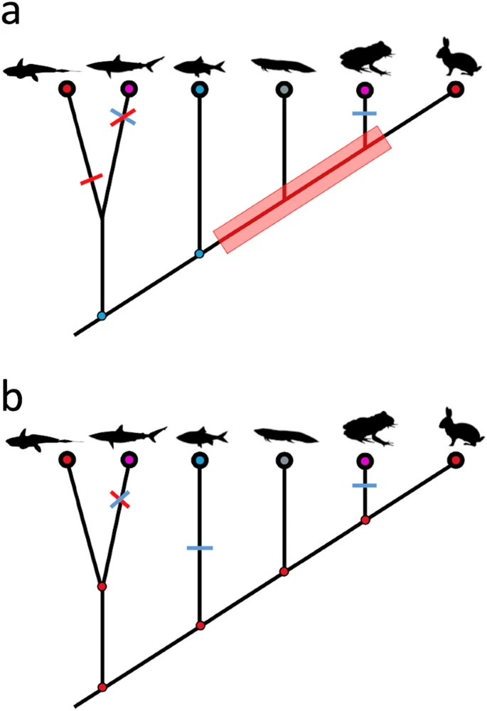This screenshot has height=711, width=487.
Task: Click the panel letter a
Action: (x=12, y=15)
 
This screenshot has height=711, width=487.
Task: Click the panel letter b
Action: (x=14, y=400)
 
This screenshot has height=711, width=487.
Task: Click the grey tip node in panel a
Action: (x=284, y=90)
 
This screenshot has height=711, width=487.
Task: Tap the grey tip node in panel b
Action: (x=284, y=461)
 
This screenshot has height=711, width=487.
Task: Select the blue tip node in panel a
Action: (x=199, y=90)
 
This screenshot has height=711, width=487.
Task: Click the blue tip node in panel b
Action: (x=200, y=461)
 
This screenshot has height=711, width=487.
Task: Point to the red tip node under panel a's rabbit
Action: (x=455, y=90)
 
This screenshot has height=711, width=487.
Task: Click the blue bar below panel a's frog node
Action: (x=365, y=114)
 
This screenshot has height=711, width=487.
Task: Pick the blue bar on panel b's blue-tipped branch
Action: (x=200, y=547)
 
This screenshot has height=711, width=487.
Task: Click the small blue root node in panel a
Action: (x=102, y=316)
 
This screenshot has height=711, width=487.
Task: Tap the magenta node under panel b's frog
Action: (x=365, y=461)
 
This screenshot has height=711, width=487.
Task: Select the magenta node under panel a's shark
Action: (x=129, y=90)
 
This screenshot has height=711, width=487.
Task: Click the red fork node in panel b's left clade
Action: (x=102, y=587)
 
